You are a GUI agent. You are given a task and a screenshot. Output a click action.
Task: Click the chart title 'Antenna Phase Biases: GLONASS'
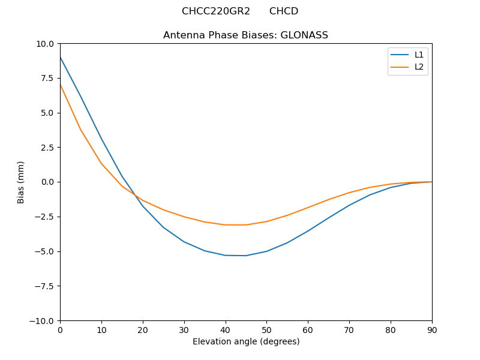(245, 35)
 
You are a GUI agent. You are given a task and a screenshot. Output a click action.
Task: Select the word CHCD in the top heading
(283, 11)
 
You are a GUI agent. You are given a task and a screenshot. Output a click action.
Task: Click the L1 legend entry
(419, 55)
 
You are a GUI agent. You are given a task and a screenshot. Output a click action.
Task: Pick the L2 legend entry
(419, 67)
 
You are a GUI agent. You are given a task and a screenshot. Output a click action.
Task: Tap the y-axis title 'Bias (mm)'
(21, 182)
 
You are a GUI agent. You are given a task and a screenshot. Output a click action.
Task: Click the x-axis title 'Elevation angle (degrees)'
(245, 341)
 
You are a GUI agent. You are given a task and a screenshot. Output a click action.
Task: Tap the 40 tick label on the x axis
(225, 329)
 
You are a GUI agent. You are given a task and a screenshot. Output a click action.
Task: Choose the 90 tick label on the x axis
(431, 329)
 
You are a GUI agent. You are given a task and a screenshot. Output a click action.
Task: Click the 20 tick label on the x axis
(143, 329)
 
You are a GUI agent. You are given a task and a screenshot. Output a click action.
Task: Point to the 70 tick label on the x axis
(349, 329)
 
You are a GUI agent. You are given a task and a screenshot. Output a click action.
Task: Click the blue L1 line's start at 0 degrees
(61, 58)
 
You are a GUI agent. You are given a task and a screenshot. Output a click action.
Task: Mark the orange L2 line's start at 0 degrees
(61, 85)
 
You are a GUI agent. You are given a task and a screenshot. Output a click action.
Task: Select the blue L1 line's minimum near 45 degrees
(245, 256)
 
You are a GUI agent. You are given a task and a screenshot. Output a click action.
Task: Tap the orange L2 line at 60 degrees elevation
(308, 208)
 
